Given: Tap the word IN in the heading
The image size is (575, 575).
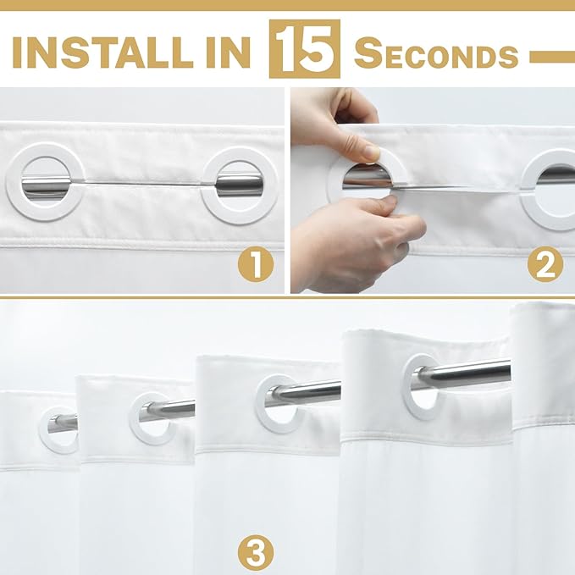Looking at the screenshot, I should (x=228, y=52).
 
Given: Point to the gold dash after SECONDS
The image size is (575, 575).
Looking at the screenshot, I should (x=551, y=57).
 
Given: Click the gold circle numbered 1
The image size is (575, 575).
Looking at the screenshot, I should (x=255, y=264).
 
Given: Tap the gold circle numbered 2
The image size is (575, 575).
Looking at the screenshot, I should (x=545, y=264).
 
